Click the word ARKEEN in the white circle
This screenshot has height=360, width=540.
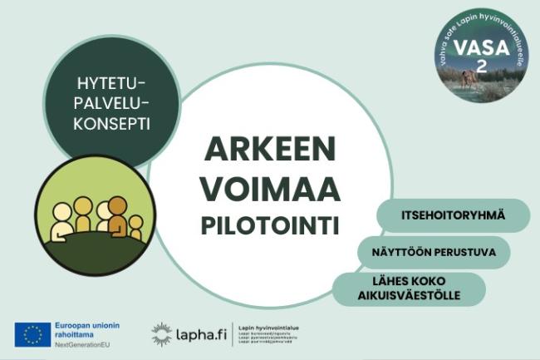click(270, 151)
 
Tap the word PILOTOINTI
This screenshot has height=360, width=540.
click(270, 224)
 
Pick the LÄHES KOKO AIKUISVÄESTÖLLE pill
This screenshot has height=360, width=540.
click(409, 288)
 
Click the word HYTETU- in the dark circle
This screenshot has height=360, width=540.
click(111, 84)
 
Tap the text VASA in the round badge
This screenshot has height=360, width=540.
click(483, 48)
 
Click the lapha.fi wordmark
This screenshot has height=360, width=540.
click(200, 334)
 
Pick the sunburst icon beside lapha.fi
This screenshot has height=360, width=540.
click(161, 334)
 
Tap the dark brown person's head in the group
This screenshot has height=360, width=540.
click(118, 205)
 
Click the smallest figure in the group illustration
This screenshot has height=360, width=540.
click(135, 226)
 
